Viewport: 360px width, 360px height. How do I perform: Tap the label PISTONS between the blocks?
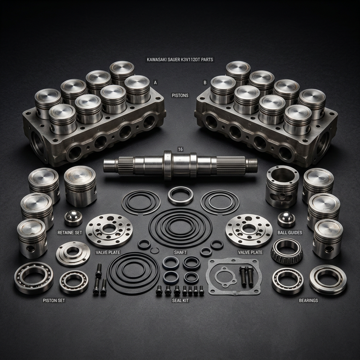click(180, 95)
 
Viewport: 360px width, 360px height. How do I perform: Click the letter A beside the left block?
click(155, 83)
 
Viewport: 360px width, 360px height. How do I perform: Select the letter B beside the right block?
click(205, 83)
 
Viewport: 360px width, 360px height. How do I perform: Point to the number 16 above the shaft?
click(180, 149)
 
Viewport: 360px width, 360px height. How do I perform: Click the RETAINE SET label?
click(70, 233)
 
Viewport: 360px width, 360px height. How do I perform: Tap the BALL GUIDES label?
click(289, 233)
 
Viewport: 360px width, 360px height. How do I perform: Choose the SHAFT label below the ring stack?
click(180, 252)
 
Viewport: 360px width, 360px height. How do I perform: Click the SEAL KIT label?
click(180, 301)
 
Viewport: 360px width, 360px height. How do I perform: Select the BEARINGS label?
click(308, 301)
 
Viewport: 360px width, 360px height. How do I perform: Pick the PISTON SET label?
click(53, 301)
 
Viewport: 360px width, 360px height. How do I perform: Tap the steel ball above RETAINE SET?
click(73, 218)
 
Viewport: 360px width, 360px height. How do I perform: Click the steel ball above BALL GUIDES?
click(286, 219)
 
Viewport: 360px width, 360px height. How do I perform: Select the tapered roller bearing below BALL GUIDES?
click(287, 251)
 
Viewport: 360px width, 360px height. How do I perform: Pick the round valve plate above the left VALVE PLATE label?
click(109, 231)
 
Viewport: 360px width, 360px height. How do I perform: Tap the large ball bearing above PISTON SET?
click(34, 278)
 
